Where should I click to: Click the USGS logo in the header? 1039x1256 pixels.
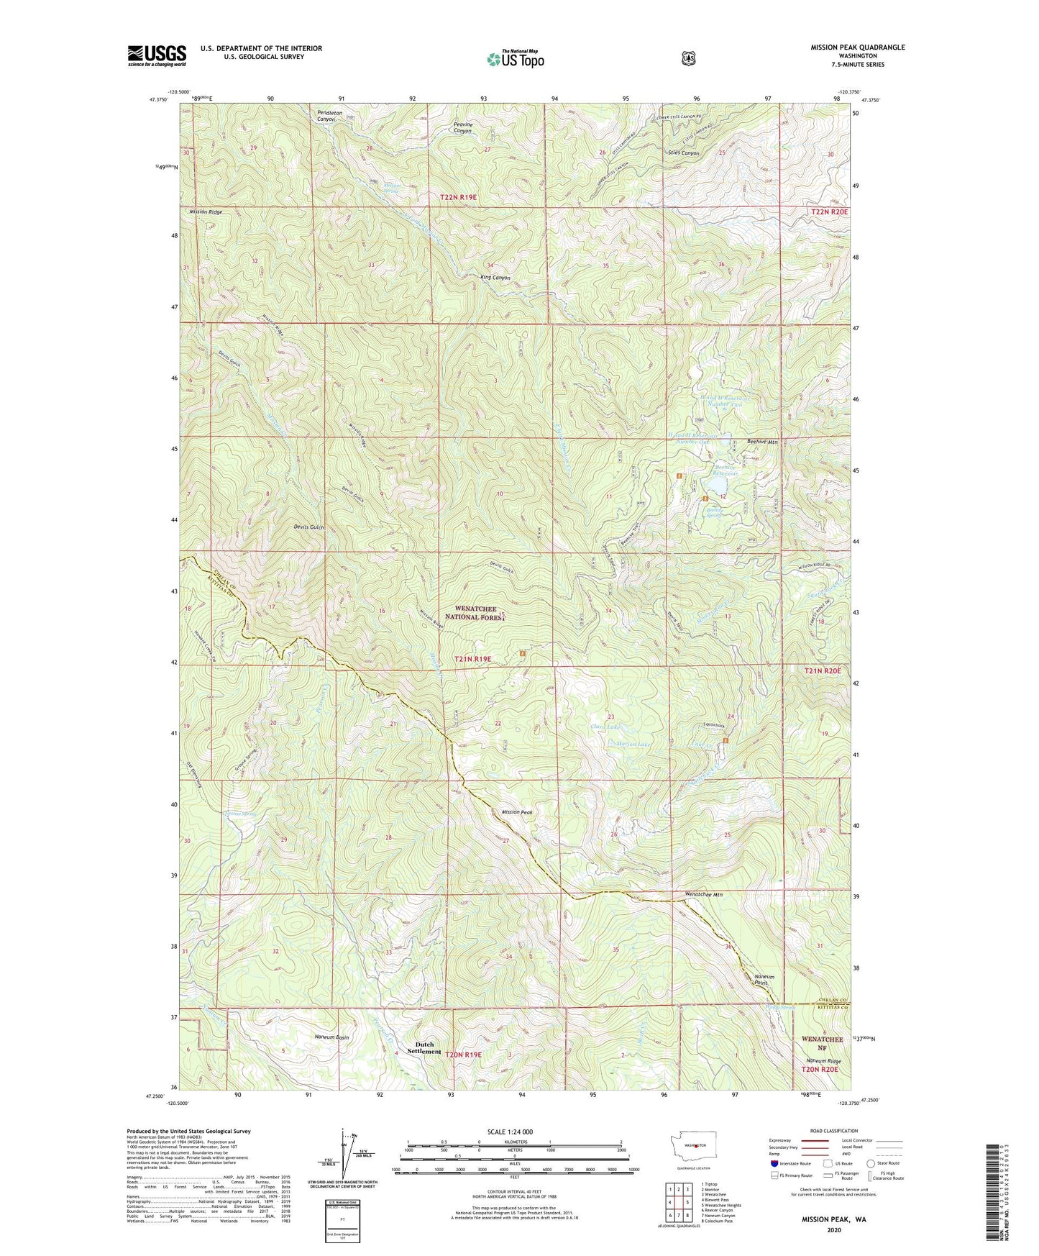157,55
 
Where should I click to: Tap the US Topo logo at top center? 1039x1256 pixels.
515,59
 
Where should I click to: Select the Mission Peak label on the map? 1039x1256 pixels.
516,812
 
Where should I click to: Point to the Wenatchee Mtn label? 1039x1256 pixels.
703,895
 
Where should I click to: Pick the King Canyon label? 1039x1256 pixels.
495,277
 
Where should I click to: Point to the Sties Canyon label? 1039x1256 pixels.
683,153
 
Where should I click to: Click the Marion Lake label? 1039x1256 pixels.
633,744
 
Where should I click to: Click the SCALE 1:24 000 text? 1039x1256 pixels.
510,1132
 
